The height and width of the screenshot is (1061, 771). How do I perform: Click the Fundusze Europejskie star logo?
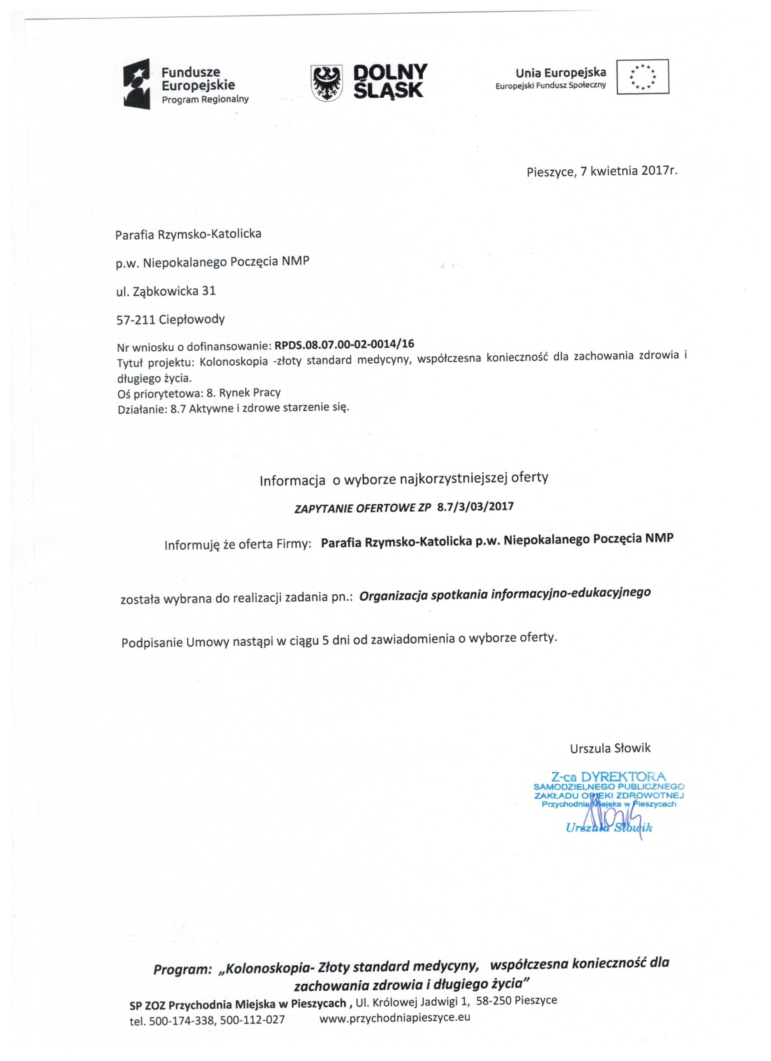[x=137, y=84]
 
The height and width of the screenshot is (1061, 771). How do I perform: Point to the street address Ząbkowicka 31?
[x=179, y=291]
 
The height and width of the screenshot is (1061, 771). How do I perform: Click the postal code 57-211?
[x=136, y=320]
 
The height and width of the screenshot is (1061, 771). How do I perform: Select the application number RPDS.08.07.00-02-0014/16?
[x=344, y=345]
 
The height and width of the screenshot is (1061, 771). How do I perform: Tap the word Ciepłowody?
[x=192, y=320]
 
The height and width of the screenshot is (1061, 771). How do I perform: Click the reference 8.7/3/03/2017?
[x=475, y=506]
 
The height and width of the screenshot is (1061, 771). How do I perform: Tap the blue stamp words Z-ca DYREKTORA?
[x=608, y=777]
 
